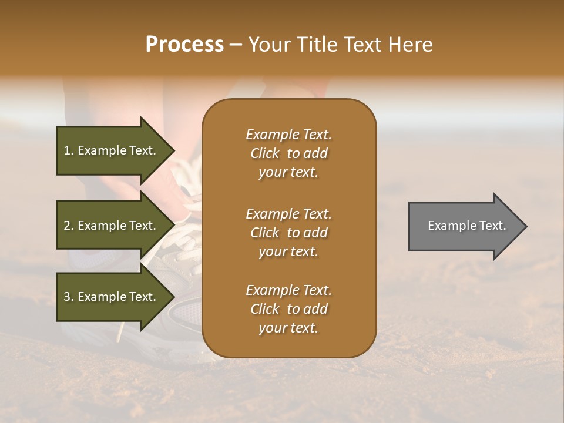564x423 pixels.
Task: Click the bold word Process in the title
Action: tap(184, 45)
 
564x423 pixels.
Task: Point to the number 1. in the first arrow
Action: tap(69, 150)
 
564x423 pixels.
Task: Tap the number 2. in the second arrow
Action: tap(69, 226)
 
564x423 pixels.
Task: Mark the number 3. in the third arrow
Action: tap(69, 297)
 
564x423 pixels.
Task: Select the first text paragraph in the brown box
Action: tap(288, 153)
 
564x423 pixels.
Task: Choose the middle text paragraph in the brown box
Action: tap(288, 232)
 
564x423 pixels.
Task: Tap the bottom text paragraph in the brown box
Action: tap(288, 309)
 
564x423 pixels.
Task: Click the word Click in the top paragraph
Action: tap(265, 153)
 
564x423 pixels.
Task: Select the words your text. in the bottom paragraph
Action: tap(288, 328)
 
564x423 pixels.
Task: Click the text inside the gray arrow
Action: tap(466, 226)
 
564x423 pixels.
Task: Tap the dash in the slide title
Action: tap(236, 45)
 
